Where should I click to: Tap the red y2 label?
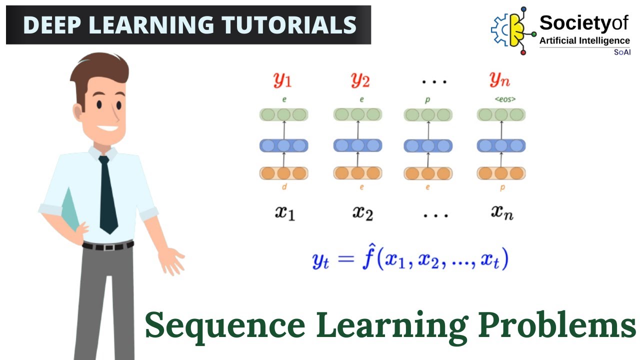click(x=359, y=80)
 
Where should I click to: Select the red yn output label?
click(x=500, y=80)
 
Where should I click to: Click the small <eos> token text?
click(x=505, y=99)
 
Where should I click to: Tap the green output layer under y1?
click(x=283, y=114)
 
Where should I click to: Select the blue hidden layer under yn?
click(x=501, y=145)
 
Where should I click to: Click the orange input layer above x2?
click(x=357, y=173)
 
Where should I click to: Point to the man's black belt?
click(x=108, y=245)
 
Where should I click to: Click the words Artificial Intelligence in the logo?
click(x=584, y=40)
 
